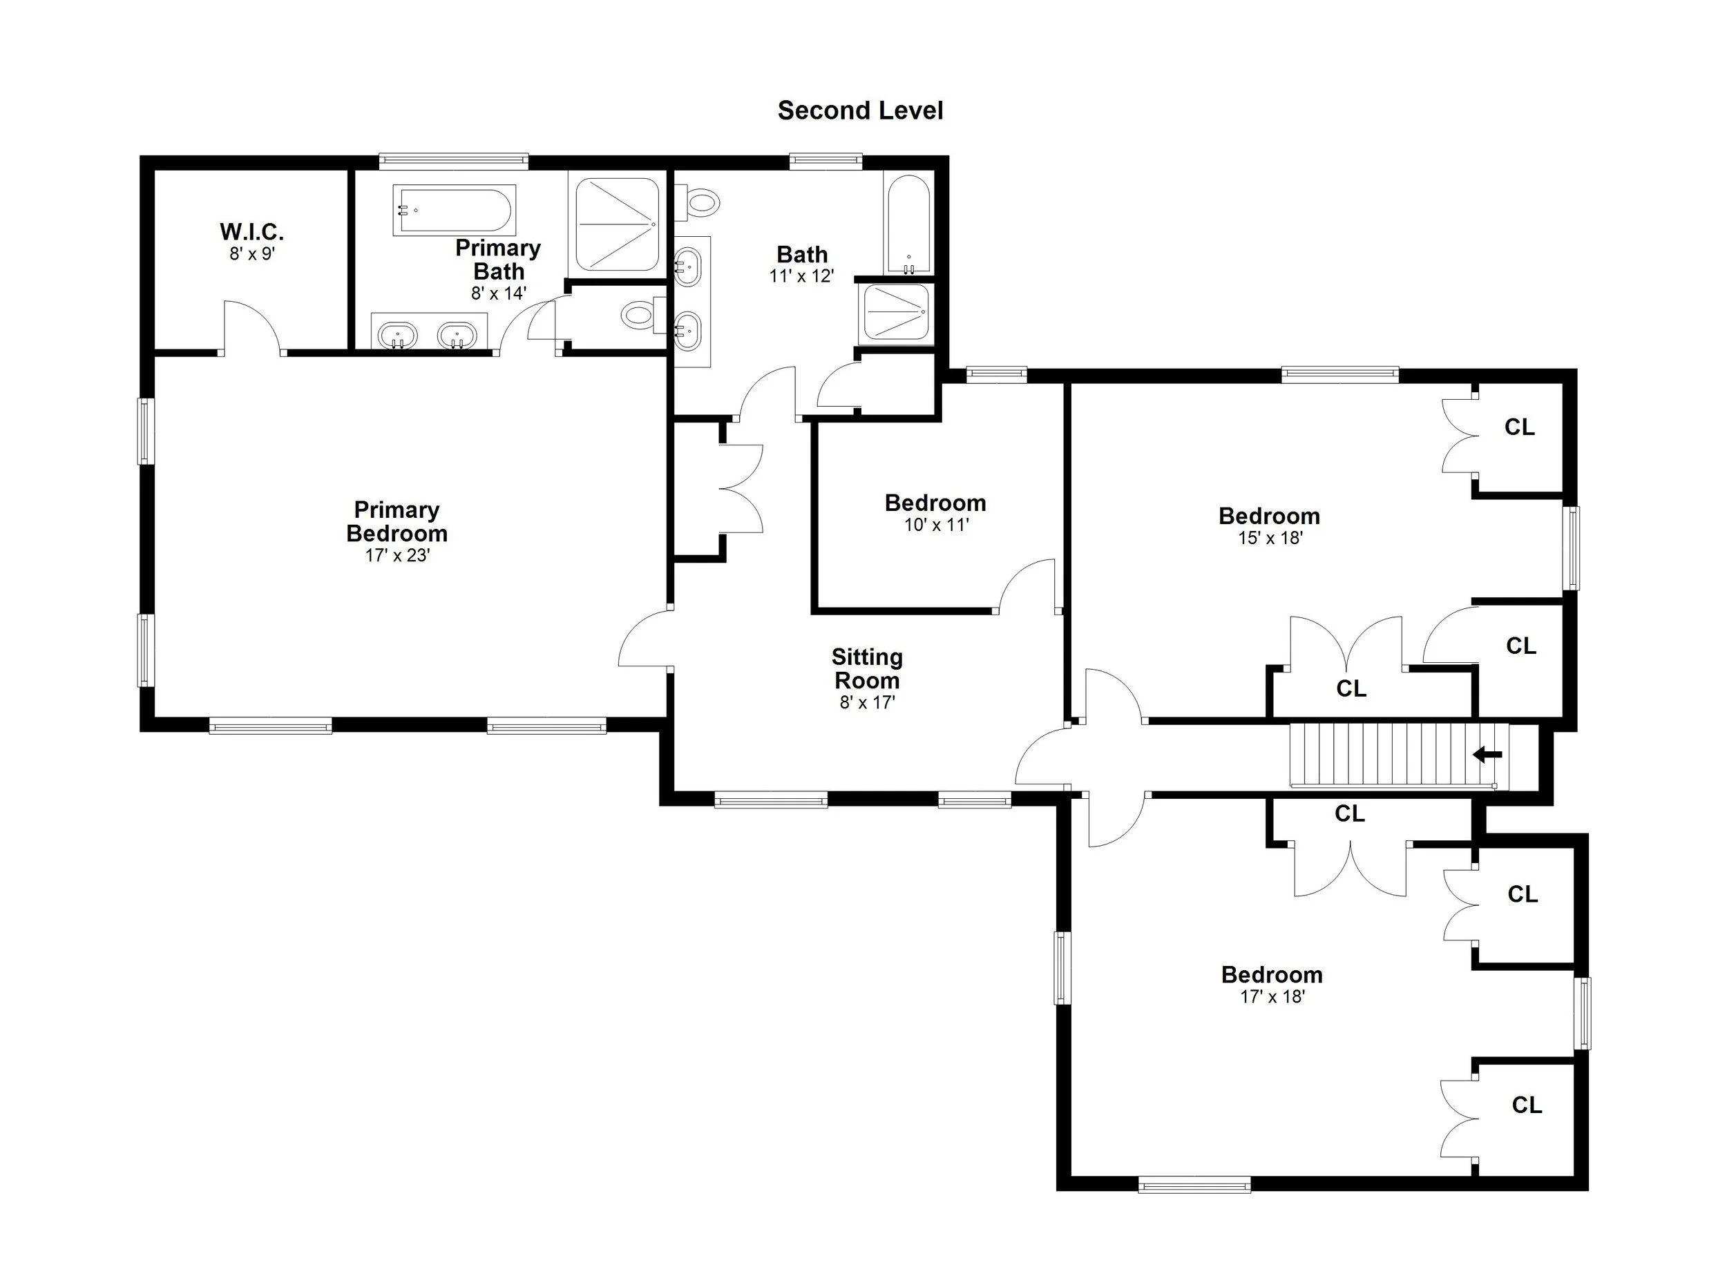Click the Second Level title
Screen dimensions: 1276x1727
click(860, 111)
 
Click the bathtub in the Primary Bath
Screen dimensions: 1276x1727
click(454, 210)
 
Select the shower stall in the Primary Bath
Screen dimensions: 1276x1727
click(618, 225)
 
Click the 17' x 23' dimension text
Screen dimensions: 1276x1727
click(397, 555)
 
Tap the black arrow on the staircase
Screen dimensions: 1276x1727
click(1487, 755)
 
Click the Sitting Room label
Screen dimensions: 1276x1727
click(867, 669)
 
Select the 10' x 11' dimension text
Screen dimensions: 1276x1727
click(937, 525)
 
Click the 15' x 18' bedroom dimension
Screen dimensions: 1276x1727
click(1270, 539)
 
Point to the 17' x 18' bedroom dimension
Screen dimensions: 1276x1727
click(1272, 997)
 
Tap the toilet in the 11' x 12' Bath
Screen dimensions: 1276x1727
click(699, 203)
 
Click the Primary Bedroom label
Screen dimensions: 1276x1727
click(397, 521)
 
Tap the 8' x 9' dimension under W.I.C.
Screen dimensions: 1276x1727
click(252, 254)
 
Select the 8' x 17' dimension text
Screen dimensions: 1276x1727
click(867, 703)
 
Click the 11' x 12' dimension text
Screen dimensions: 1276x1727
click(802, 276)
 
